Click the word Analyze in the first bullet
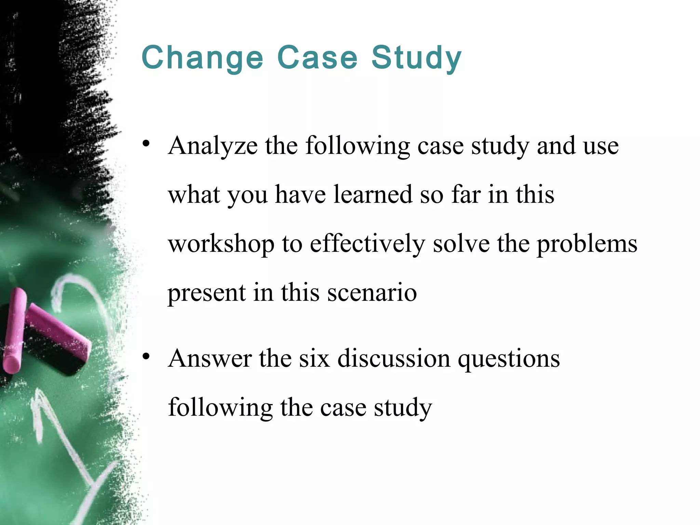click(x=213, y=146)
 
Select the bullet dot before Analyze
click(x=146, y=144)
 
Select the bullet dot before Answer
click(x=146, y=356)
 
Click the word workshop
click(x=221, y=244)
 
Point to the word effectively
click(x=367, y=244)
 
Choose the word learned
click(x=373, y=195)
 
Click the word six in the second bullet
click(x=314, y=359)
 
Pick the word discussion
click(x=394, y=359)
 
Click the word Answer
click(x=210, y=359)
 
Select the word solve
click(x=461, y=244)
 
